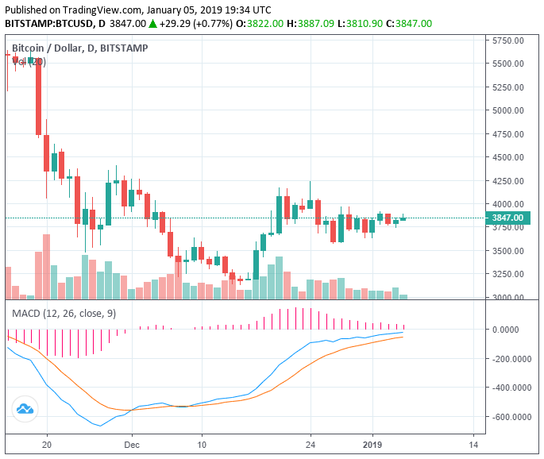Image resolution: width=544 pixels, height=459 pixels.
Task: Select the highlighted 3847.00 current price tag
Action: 508,218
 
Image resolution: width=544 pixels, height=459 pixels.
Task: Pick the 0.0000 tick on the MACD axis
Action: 517,329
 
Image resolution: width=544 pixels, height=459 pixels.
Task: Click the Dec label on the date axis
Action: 132,445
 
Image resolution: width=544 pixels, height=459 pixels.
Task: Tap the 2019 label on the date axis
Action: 372,445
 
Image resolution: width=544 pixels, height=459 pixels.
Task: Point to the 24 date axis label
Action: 311,445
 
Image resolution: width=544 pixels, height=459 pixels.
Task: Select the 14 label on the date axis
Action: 473,445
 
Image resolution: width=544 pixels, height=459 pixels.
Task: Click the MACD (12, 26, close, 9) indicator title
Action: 64,314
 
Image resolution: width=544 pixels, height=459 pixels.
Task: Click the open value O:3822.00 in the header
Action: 262,24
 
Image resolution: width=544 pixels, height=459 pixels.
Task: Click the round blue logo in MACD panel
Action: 25,409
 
